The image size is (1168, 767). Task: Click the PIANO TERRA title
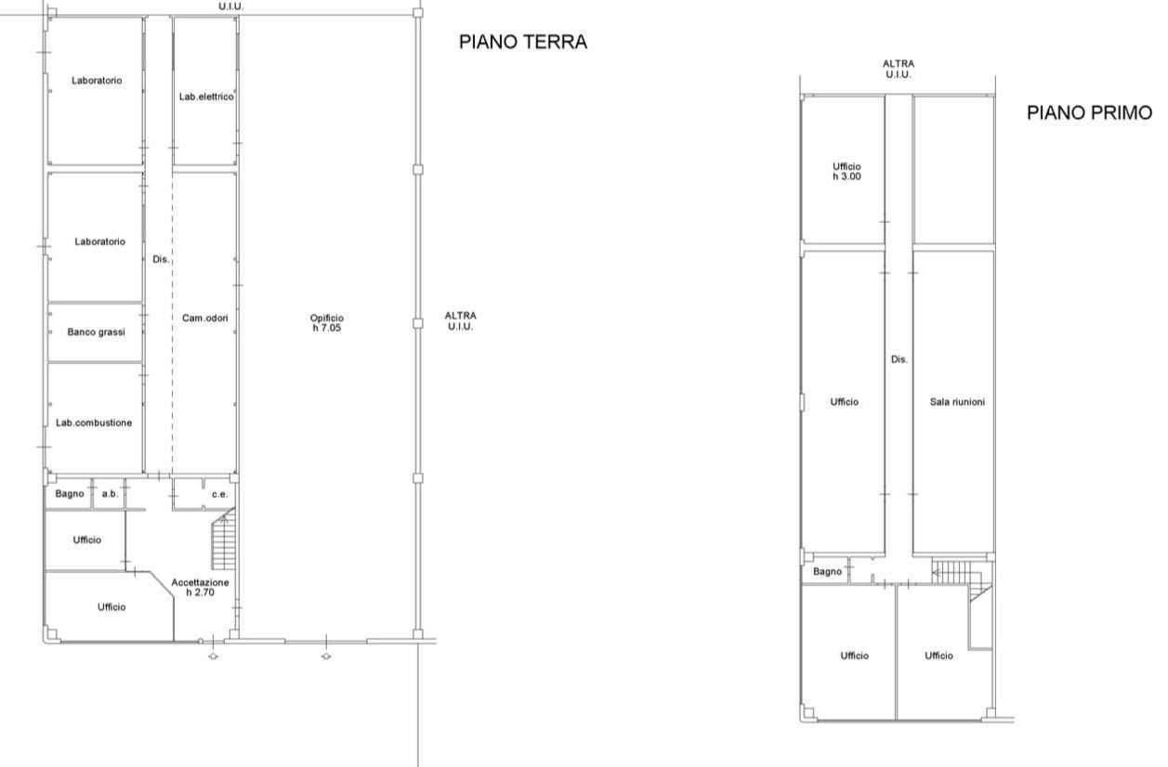point(523,42)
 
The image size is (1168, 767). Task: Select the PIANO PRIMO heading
point(1089,112)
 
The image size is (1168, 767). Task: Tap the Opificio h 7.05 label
point(327,322)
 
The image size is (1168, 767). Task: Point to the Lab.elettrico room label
point(206,97)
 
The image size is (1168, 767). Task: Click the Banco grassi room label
point(96,331)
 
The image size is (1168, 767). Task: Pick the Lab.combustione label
point(94,422)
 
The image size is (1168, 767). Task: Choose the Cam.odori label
point(205,318)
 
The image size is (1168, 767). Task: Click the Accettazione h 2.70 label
point(200,587)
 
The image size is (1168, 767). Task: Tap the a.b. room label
point(110,493)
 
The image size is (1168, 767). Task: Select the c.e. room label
point(220,494)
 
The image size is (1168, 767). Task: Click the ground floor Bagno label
point(70,493)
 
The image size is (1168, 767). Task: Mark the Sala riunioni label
point(957,402)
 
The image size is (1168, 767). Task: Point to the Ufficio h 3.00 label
point(846,172)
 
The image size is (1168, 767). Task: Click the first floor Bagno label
point(828,572)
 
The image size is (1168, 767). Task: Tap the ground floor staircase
point(224,539)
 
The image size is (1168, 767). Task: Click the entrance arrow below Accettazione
point(213,656)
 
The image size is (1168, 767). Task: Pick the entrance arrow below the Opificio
point(326,656)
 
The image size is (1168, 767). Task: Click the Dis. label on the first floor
point(899,359)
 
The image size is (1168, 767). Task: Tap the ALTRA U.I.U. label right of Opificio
point(461,321)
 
